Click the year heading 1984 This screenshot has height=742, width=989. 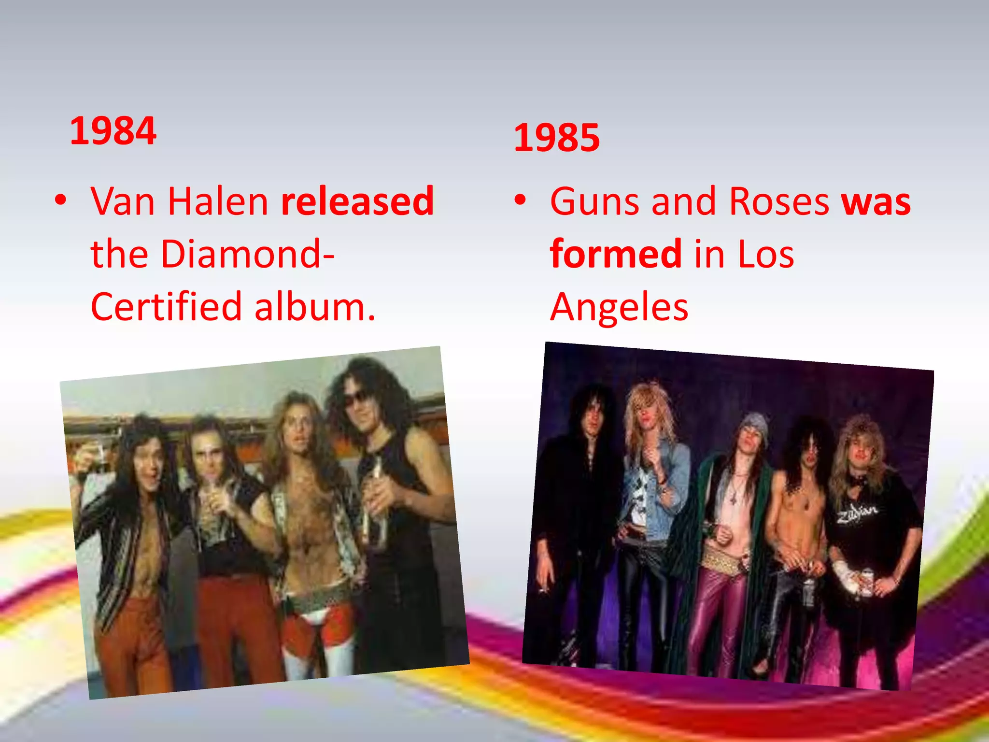(x=113, y=131)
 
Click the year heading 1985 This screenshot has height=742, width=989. (x=556, y=138)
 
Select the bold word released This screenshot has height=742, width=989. (x=357, y=201)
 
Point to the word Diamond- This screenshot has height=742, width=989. (x=248, y=254)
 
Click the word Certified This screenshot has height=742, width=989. (x=166, y=307)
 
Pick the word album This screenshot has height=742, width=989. (x=314, y=307)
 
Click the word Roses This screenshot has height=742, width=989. (x=779, y=201)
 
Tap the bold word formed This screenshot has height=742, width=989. (x=616, y=254)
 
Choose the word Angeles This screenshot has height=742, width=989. (x=619, y=307)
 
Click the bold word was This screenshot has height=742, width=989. (x=876, y=201)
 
